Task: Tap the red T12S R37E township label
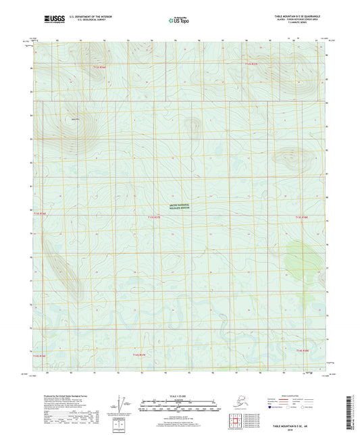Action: pyautogui.click(x=251, y=63)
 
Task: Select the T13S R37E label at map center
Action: pyautogui.click(x=155, y=217)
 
